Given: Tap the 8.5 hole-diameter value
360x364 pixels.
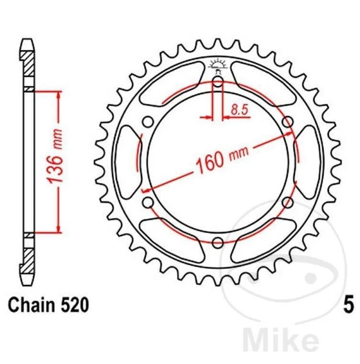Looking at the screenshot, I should (x=239, y=110).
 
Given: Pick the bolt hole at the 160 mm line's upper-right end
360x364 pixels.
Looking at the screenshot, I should (x=287, y=123).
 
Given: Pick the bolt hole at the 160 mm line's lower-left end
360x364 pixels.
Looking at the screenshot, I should (x=147, y=202).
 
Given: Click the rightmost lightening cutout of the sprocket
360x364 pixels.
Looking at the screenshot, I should (x=308, y=162).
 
